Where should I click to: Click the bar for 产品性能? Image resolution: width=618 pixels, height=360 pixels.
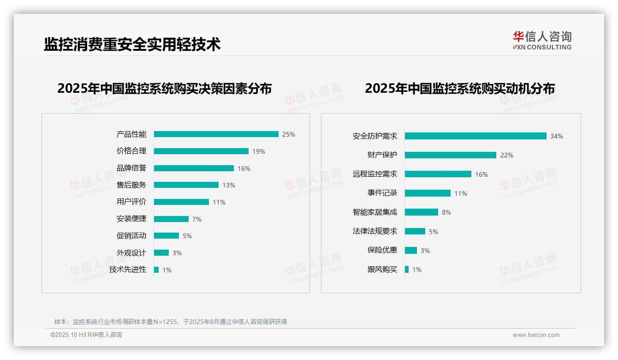click(216, 134)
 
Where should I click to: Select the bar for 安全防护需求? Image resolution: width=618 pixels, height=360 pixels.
click(475, 136)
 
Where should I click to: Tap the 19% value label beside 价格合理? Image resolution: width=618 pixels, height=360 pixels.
click(258, 151)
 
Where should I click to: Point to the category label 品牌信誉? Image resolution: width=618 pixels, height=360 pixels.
click(131, 168)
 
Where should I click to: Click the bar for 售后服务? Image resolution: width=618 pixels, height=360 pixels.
click(186, 185)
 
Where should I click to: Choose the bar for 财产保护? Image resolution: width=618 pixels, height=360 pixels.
click(450, 155)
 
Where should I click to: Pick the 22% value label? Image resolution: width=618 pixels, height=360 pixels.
click(506, 155)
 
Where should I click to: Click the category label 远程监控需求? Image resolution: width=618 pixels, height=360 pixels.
click(374, 174)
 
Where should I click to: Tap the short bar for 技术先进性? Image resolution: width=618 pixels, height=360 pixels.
click(156, 270)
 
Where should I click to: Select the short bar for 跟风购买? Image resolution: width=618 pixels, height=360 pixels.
click(407, 269)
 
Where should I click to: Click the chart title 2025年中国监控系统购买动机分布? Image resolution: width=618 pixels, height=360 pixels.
click(459, 88)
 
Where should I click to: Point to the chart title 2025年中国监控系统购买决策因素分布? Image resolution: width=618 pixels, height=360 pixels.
click(164, 88)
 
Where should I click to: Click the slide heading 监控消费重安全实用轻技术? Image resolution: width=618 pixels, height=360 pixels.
click(132, 44)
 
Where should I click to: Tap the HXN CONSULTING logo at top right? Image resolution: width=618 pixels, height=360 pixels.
click(542, 41)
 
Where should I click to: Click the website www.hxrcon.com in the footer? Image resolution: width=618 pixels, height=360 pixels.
click(536, 335)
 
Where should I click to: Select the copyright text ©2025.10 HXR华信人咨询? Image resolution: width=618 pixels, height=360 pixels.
click(86, 335)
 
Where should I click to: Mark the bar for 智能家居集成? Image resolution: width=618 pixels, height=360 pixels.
click(421, 212)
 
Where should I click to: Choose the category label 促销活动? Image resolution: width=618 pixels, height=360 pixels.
click(131, 236)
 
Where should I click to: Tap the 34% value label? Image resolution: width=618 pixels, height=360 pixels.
click(556, 136)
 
